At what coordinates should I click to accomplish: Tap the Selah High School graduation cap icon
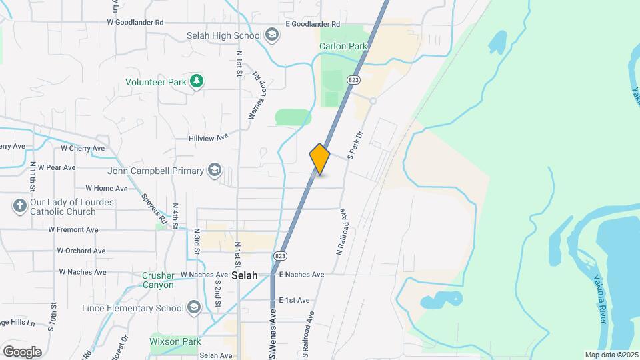pos(271,35)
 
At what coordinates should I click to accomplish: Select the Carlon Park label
pos(343,47)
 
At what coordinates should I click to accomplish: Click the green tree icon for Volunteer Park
pos(197,81)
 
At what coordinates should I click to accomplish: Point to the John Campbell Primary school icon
pos(214,171)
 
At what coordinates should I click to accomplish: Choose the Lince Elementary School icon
pos(193,307)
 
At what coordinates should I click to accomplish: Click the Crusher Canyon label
pos(157,280)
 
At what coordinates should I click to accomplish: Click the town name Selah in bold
pos(244,275)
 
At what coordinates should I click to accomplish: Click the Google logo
pos(22,351)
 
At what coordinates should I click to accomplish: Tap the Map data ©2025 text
pos(611,355)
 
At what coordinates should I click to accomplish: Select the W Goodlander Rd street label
pos(135,22)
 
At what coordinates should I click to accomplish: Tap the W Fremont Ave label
pos(73,229)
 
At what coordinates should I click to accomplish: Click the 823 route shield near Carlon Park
pos(353,79)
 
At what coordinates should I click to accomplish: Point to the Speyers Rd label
pos(154,208)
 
